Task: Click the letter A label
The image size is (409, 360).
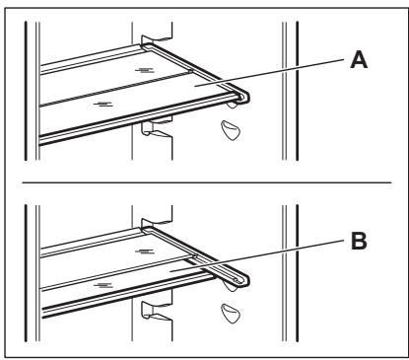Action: coord(359,61)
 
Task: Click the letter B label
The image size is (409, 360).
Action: coord(359,241)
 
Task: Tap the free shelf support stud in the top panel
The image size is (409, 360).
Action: coord(231,130)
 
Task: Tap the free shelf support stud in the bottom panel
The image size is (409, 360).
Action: coord(231,314)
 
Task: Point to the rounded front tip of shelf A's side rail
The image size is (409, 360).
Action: coord(244,98)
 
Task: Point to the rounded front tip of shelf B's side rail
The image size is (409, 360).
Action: coord(244,280)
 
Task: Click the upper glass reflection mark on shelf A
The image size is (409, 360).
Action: coord(145,70)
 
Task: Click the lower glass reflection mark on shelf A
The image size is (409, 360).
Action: coord(103,105)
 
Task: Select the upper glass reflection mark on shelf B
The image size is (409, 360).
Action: coord(145,252)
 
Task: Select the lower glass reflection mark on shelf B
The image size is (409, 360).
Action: coord(103,285)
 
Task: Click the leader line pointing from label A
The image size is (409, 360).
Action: coord(268,73)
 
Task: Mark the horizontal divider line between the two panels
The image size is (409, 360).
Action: coord(207,182)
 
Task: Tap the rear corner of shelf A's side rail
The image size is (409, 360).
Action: coord(146,45)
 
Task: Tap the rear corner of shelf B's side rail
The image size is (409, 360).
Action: coord(146,229)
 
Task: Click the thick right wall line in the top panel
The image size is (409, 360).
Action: coord(297,91)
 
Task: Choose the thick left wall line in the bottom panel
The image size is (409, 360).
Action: coord(26,273)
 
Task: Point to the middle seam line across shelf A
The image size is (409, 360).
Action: coord(115,88)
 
